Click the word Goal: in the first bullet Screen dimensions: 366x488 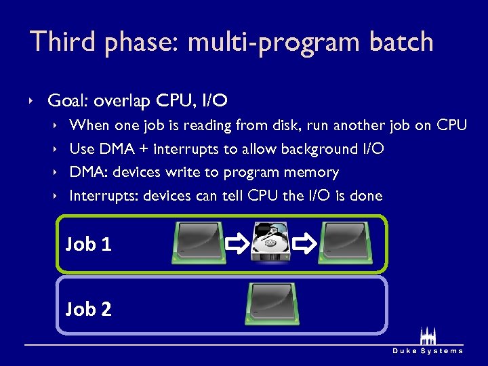(x=68, y=102)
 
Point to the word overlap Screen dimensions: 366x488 (x=122, y=102)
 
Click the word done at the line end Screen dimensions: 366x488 (x=365, y=197)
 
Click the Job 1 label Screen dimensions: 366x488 (x=88, y=244)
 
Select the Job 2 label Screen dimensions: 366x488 (x=88, y=309)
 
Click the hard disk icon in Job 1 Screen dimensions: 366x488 (x=271, y=241)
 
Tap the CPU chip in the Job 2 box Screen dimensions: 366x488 (x=271, y=304)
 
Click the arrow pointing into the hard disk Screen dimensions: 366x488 (x=237, y=242)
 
